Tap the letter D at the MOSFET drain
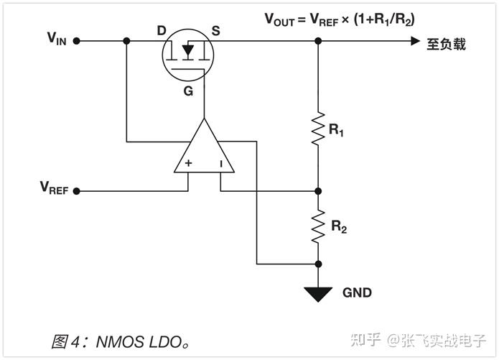click(162, 31)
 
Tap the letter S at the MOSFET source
click(215, 31)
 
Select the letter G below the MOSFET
click(188, 91)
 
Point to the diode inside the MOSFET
click(188, 50)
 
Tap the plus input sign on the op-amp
click(189, 164)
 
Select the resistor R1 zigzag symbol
click(318, 129)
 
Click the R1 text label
click(337, 130)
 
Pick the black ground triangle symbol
click(318, 293)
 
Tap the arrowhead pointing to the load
click(414, 41)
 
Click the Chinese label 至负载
click(446, 44)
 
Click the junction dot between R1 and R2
click(318, 191)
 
